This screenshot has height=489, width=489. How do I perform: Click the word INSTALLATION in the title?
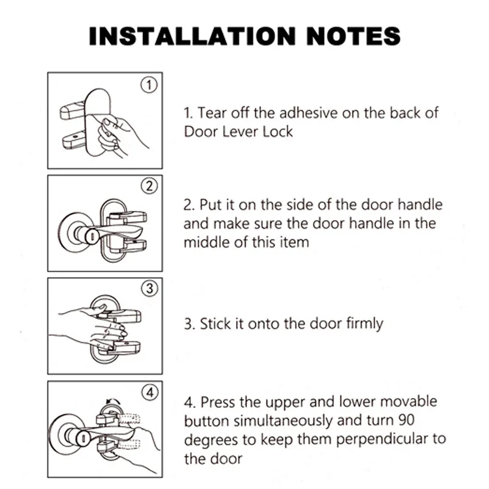pos(192,36)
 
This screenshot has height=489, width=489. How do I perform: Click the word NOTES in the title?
pos(353,36)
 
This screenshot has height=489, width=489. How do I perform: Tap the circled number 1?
pos(149,85)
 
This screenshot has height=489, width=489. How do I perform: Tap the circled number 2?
pos(149,186)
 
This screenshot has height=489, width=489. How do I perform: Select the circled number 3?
pos(149,289)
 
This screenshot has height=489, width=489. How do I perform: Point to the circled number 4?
pos(150,392)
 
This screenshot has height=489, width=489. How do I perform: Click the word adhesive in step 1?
pos(308,112)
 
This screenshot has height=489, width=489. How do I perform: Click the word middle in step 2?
pos(207,242)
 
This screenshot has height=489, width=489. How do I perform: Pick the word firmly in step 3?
pos(364,325)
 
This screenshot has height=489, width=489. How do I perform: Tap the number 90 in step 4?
pos(406,420)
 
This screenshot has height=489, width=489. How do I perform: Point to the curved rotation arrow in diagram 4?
pos(113,401)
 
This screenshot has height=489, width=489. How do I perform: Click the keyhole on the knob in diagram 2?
pos(93,236)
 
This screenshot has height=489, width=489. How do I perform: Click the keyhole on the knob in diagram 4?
pos(84,438)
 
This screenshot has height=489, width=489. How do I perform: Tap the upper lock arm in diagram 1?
pos(72,110)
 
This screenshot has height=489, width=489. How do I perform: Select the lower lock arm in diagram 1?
pos(74,141)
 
